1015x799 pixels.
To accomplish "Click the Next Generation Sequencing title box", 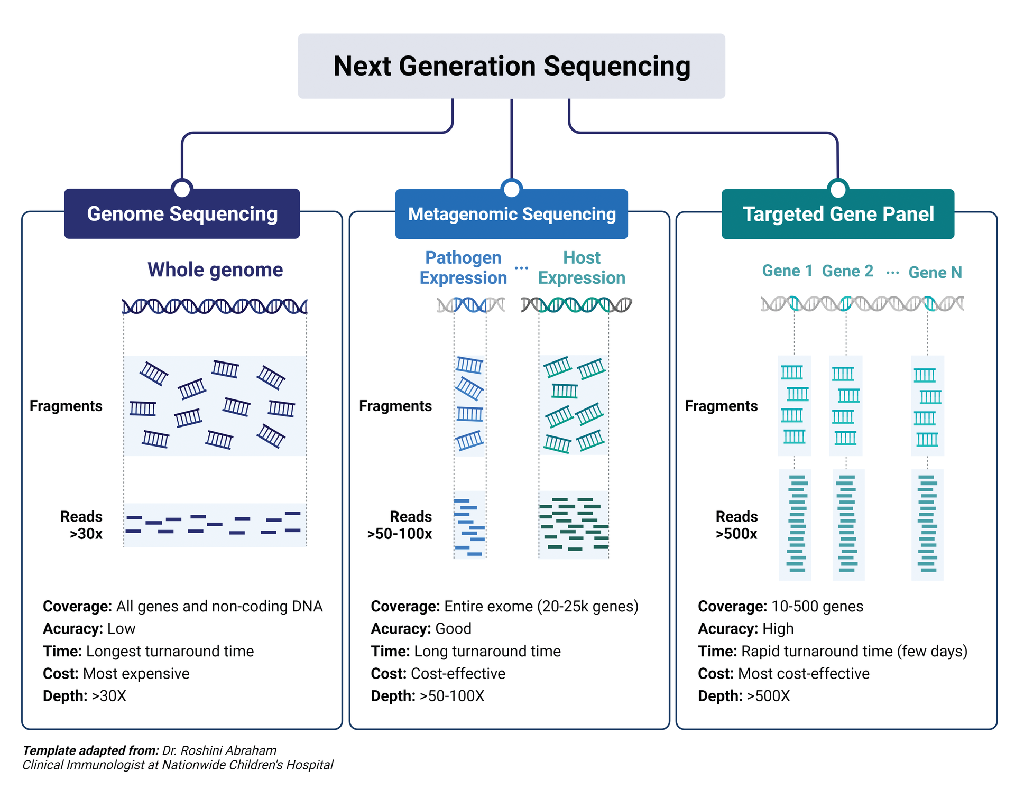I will pyautogui.click(x=511, y=66).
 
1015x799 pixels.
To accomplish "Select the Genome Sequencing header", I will pyautogui.click(x=182, y=214).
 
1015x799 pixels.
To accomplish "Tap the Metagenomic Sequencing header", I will pyautogui.click(x=511, y=214).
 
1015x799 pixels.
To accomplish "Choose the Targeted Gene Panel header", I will pyautogui.click(x=838, y=214).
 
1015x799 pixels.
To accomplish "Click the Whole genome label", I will pyautogui.click(x=215, y=270).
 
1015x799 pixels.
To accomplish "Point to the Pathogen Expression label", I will pyautogui.click(x=463, y=267).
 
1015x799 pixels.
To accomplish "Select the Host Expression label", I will pyautogui.click(x=582, y=267).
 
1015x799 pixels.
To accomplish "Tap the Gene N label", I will pyautogui.click(x=935, y=272).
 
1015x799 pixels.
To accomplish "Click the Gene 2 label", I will pyautogui.click(x=847, y=271).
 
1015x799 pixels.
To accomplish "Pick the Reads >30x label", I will pyautogui.click(x=82, y=525).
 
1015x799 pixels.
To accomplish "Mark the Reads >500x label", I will pyautogui.click(x=736, y=525).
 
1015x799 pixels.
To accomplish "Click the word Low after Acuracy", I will pyautogui.click(x=121, y=629).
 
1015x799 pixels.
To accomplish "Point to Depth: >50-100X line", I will pyautogui.click(x=427, y=696).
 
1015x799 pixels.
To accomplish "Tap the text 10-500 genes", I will pyautogui.click(x=817, y=606).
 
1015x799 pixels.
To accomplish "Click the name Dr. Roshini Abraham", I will pyautogui.click(x=219, y=750).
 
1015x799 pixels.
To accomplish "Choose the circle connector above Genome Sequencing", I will pyautogui.click(x=182, y=188).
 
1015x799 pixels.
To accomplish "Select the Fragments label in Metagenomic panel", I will pyautogui.click(x=395, y=406).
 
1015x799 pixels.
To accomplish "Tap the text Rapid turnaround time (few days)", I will pyautogui.click(x=854, y=651).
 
